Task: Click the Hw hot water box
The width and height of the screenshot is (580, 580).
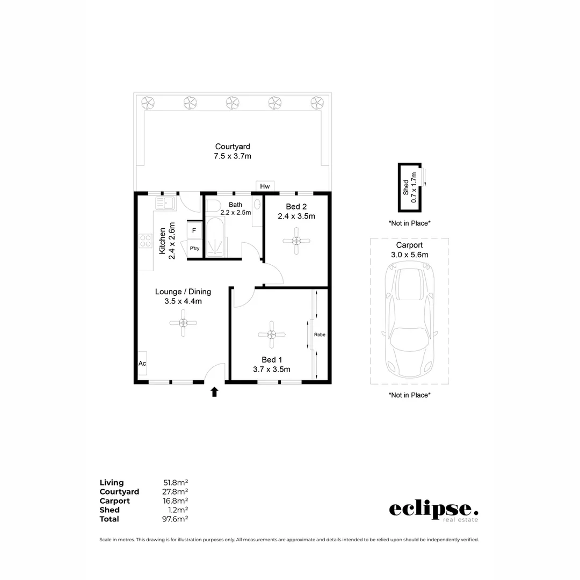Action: [265, 186]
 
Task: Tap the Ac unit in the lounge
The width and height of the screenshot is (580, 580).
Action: [142, 364]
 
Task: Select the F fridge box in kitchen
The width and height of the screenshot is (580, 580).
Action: [194, 231]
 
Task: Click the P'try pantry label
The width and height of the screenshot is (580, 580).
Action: [194, 249]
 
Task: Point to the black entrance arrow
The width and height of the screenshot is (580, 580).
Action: [214, 392]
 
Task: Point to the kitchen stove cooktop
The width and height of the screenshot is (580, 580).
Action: [146, 241]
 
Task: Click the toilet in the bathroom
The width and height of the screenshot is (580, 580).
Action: [213, 206]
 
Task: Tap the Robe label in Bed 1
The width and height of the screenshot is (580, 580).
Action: [320, 335]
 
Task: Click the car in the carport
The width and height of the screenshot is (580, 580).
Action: [410, 323]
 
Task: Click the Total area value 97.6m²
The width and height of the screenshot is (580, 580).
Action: [176, 519]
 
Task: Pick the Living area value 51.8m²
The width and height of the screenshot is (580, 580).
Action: [176, 483]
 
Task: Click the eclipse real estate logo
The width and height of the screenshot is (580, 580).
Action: [433, 510]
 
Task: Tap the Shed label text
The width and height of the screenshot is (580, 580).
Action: [406, 187]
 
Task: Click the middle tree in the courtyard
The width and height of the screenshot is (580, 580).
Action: [233, 102]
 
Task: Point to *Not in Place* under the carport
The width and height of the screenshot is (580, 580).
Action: [410, 395]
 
